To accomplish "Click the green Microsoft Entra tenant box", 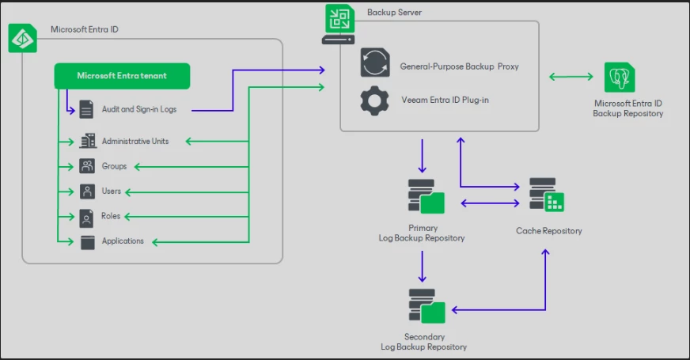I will (x=122, y=76).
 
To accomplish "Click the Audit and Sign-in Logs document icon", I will (x=87, y=109).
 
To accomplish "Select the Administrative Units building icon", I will (x=87, y=141).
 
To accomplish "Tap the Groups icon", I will (x=87, y=166).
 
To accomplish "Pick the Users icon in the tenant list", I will (x=87, y=191).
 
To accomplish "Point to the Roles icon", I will (x=87, y=217).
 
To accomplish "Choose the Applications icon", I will (x=87, y=241).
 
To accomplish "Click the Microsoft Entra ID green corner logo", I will (x=22, y=38).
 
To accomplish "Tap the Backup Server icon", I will (x=338, y=24).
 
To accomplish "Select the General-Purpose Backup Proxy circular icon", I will (x=374, y=63).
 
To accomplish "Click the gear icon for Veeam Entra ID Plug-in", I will (x=374, y=100).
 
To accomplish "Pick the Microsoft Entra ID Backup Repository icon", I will (x=620, y=78).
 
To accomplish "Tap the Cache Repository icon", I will (x=547, y=195).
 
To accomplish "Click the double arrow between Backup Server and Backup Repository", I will (x=571, y=77).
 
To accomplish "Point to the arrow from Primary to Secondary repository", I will (x=423, y=267).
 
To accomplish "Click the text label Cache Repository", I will (x=548, y=231).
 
